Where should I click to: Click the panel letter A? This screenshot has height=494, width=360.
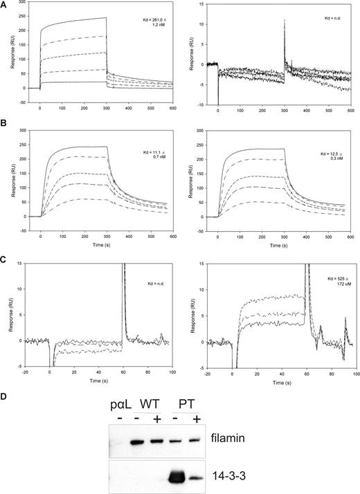(x=5, y=6)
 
